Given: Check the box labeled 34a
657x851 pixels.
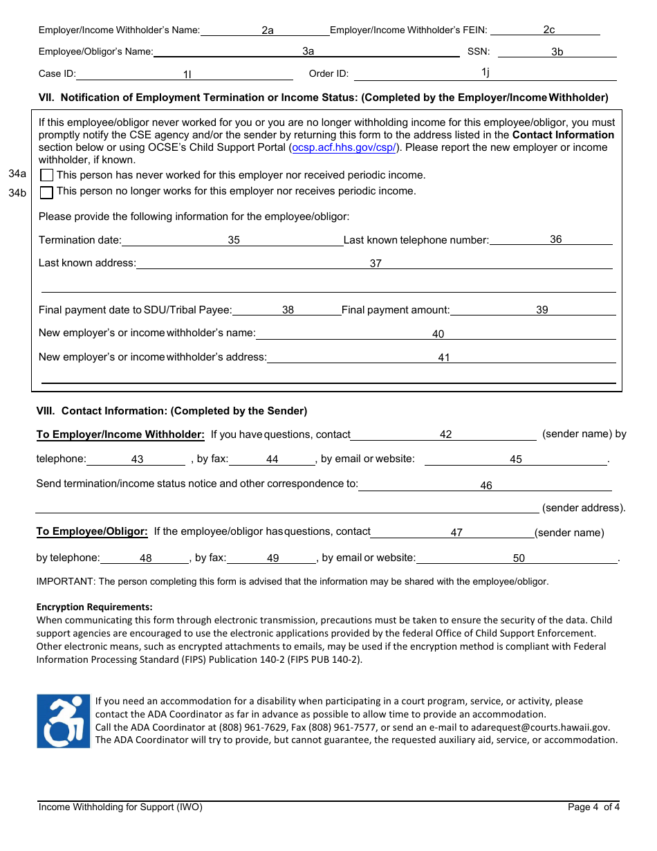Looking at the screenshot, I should [x=47, y=176].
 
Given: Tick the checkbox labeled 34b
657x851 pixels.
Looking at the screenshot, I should [x=47, y=192].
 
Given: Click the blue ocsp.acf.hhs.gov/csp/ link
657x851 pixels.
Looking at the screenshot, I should [x=344, y=147].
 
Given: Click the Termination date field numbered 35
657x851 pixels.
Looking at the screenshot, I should [x=233, y=240].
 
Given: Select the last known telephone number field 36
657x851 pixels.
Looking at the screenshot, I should [x=551, y=239].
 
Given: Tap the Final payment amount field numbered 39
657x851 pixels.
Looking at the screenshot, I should [x=533, y=310].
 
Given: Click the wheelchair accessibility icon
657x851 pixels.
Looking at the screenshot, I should [x=64, y=721].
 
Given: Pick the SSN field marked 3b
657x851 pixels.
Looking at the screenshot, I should [x=557, y=52].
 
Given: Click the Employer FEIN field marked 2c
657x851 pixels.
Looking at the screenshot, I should [x=546, y=30].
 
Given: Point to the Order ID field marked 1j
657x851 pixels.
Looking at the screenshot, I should [x=485, y=73].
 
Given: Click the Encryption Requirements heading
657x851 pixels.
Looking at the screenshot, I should [x=94, y=607].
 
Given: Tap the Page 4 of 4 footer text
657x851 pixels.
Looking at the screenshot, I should [x=593, y=807].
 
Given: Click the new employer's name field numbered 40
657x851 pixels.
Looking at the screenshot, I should [x=436, y=334].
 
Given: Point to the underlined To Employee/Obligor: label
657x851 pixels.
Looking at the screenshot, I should [x=92, y=531].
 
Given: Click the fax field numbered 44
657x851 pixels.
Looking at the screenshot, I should [x=272, y=459].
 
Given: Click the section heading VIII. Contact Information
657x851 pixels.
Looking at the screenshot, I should [x=172, y=411].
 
